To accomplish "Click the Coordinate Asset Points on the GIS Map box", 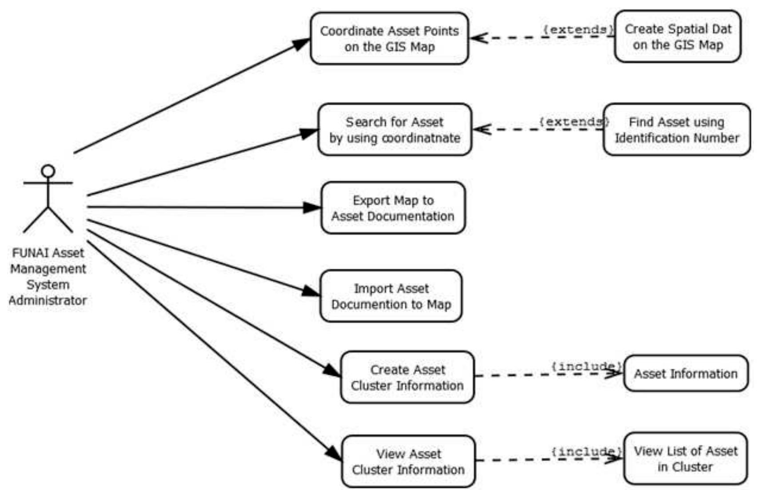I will [x=389, y=39].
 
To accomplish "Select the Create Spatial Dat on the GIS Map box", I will [x=677, y=37].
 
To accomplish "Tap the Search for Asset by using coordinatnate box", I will [x=394, y=130].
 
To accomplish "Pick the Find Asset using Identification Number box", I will [x=676, y=130].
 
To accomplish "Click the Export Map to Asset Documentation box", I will [x=393, y=208].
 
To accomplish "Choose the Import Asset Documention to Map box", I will [x=391, y=296].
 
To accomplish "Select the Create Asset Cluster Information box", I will [x=407, y=378].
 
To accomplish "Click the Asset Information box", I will [x=685, y=374].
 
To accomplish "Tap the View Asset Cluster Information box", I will [x=408, y=462].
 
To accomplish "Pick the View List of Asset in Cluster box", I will [x=685, y=459].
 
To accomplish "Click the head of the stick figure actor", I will [x=48, y=171].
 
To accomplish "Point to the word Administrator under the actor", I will [x=48, y=301].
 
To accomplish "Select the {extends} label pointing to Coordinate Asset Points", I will [x=578, y=30].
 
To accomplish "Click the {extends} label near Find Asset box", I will [x=574, y=121].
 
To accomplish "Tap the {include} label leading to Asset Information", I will [x=586, y=367].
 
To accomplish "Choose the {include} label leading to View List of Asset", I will [x=586, y=451].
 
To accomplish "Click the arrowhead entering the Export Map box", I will [x=312, y=207].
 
